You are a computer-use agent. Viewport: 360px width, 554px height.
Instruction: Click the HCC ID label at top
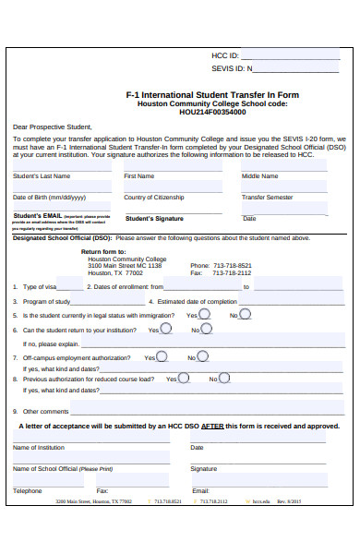(x=225, y=56)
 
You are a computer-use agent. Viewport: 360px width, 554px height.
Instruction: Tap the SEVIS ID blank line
(x=295, y=69)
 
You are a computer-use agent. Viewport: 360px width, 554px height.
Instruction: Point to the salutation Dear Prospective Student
(x=52, y=126)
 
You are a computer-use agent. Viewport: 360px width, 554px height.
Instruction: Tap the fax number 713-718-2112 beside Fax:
(x=232, y=273)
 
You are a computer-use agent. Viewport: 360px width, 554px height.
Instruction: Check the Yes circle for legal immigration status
(x=204, y=314)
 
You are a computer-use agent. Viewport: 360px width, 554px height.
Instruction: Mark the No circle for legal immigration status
(x=246, y=314)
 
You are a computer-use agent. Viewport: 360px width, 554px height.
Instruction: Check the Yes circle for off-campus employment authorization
(x=162, y=356)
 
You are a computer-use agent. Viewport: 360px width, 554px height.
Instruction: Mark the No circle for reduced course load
(x=225, y=378)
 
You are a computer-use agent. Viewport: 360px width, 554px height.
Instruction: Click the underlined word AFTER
(x=213, y=427)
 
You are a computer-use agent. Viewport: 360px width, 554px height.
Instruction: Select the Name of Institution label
(x=39, y=448)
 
